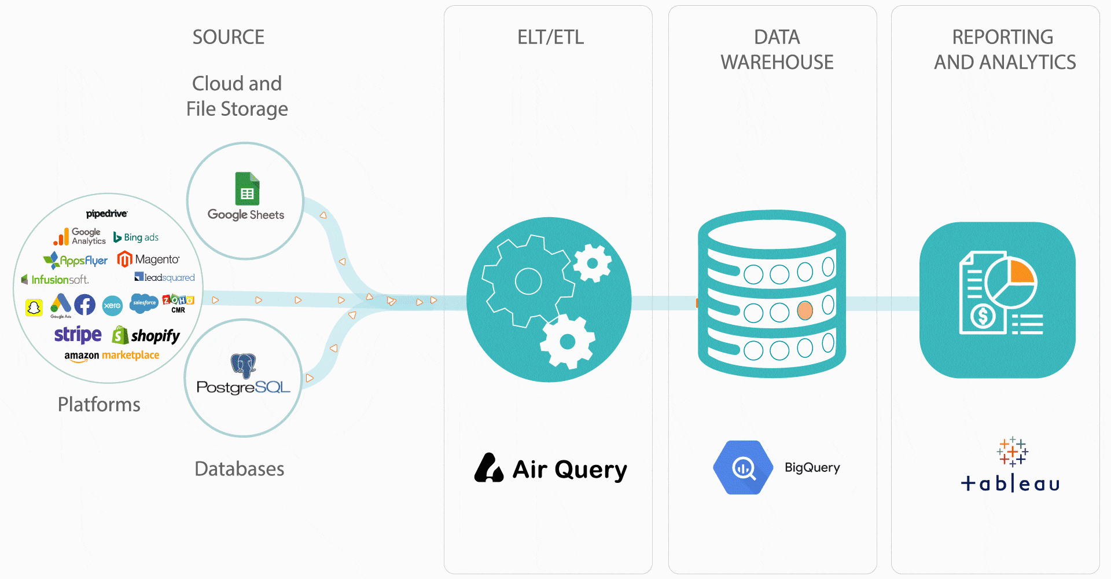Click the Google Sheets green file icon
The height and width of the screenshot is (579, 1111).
click(247, 189)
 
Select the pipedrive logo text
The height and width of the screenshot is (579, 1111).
click(107, 214)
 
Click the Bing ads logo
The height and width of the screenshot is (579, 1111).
click(136, 237)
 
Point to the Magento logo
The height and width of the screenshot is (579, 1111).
click(149, 259)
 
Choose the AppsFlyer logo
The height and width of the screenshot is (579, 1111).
click(76, 261)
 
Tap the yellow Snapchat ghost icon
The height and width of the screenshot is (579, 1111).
click(34, 307)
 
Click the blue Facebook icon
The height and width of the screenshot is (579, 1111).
click(84, 305)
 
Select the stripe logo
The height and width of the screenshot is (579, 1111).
click(78, 335)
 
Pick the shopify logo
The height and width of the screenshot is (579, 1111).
click(146, 335)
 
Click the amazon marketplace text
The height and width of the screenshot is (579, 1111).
click(112, 356)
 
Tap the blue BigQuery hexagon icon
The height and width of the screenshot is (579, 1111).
click(743, 467)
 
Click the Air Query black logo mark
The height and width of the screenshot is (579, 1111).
click(488, 468)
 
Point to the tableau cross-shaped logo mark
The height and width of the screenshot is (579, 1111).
click(1012, 452)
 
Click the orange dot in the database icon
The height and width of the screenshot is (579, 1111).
click(805, 311)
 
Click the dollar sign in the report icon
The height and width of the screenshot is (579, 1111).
click(983, 316)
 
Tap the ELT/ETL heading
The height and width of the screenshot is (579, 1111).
click(550, 37)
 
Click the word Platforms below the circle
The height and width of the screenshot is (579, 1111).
click(99, 404)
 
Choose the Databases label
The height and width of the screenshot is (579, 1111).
click(239, 468)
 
